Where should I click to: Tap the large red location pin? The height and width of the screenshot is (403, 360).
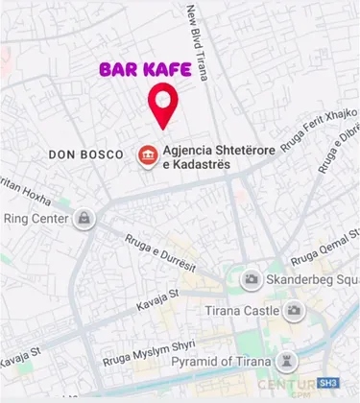(x=164, y=107)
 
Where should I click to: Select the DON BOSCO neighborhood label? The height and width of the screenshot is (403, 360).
(x=86, y=154)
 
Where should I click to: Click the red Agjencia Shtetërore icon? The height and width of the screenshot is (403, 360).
(x=148, y=155)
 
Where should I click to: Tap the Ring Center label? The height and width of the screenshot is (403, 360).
(x=36, y=219)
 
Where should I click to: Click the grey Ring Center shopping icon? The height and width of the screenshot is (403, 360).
(x=86, y=218)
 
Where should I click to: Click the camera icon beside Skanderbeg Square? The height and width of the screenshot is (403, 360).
(x=252, y=278)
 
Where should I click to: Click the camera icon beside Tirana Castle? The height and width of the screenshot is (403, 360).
(x=294, y=310)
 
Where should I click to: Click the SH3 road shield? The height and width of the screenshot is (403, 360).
(x=329, y=382)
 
